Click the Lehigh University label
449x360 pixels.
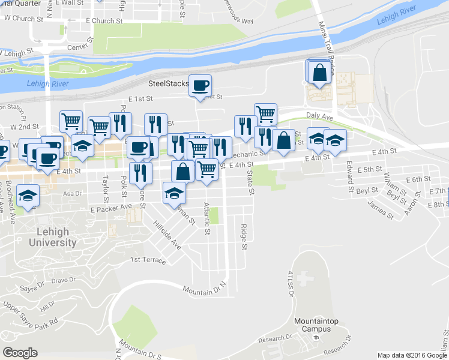pyautogui.click(x=53, y=237)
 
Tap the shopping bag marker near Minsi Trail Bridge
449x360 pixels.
pyautogui.click(x=321, y=72)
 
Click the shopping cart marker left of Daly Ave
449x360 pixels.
pyautogui.click(x=265, y=113)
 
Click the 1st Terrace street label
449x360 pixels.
pyautogui.click(x=147, y=260)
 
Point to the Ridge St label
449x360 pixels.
pyautogui.click(x=244, y=236)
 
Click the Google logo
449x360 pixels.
pyautogui.click(x=20, y=353)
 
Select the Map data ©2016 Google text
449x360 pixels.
pyautogui.click(x=412, y=355)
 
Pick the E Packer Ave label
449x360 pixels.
pyautogui.click(x=111, y=208)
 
